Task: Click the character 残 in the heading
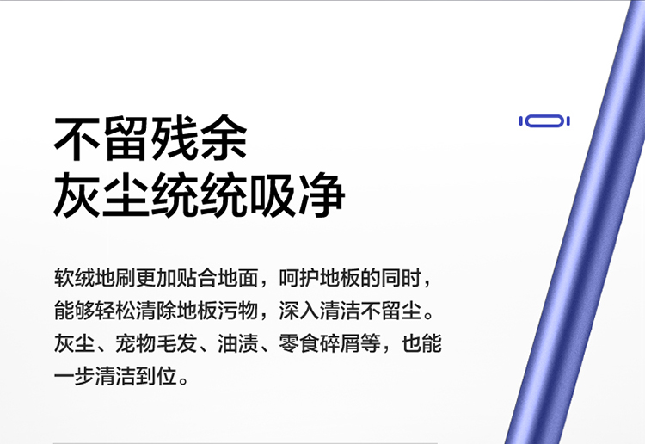[x=175, y=138]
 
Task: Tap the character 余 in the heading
[x=224, y=138]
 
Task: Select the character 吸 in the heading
[x=273, y=195]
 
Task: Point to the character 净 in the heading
[x=322, y=195]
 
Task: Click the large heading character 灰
[x=77, y=195]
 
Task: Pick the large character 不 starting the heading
[x=77, y=138]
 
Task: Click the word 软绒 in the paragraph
[x=75, y=278]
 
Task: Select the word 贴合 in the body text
[x=197, y=278]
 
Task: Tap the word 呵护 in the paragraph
[x=299, y=278]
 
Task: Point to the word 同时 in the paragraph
[x=401, y=278]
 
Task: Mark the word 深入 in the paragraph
[x=299, y=311]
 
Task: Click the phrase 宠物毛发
[x=156, y=343]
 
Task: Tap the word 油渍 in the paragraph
[x=237, y=343]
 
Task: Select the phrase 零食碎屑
[x=319, y=343]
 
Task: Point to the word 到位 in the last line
[x=156, y=376]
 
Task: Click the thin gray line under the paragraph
[x=245, y=443]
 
